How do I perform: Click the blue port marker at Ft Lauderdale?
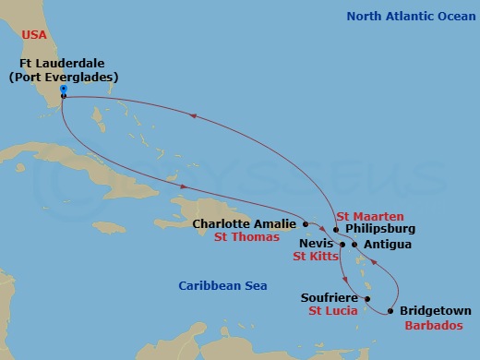point(63,89)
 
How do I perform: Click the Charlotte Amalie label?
point(245,223)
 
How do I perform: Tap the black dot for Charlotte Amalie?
point(305,223)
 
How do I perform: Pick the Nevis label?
point(316,245)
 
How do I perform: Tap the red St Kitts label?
point(315,258)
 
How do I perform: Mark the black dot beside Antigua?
point(354,245)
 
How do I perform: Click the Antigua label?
point(388,245)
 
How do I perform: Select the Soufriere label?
point(330,298)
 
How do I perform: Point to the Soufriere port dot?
point(366,299)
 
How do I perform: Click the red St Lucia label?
point(332,313)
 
